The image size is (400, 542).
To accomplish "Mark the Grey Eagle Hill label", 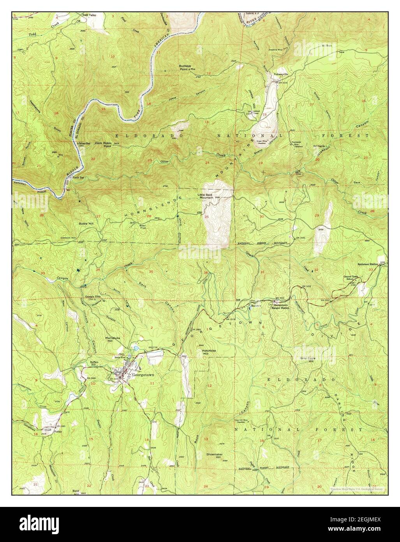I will coord(306,360).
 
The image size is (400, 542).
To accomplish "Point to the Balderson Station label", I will coord(368,264).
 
